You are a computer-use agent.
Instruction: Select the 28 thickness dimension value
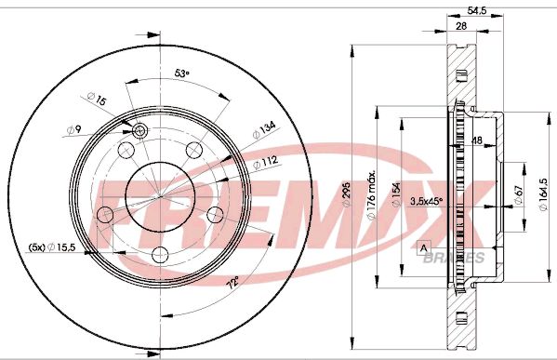click(460, 26)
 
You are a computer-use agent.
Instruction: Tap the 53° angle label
click(182, 73)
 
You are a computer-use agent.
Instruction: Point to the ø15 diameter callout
click(97, 99)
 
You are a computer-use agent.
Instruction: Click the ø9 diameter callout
click(74, 129)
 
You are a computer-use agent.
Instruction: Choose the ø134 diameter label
click(264, 130)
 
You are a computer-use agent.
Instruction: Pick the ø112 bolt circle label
click(265, 164)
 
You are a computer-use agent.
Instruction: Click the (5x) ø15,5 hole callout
click(52, 247)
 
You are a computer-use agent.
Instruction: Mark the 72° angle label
click(233, 282)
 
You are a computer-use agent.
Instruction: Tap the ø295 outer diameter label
click(346, 194)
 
